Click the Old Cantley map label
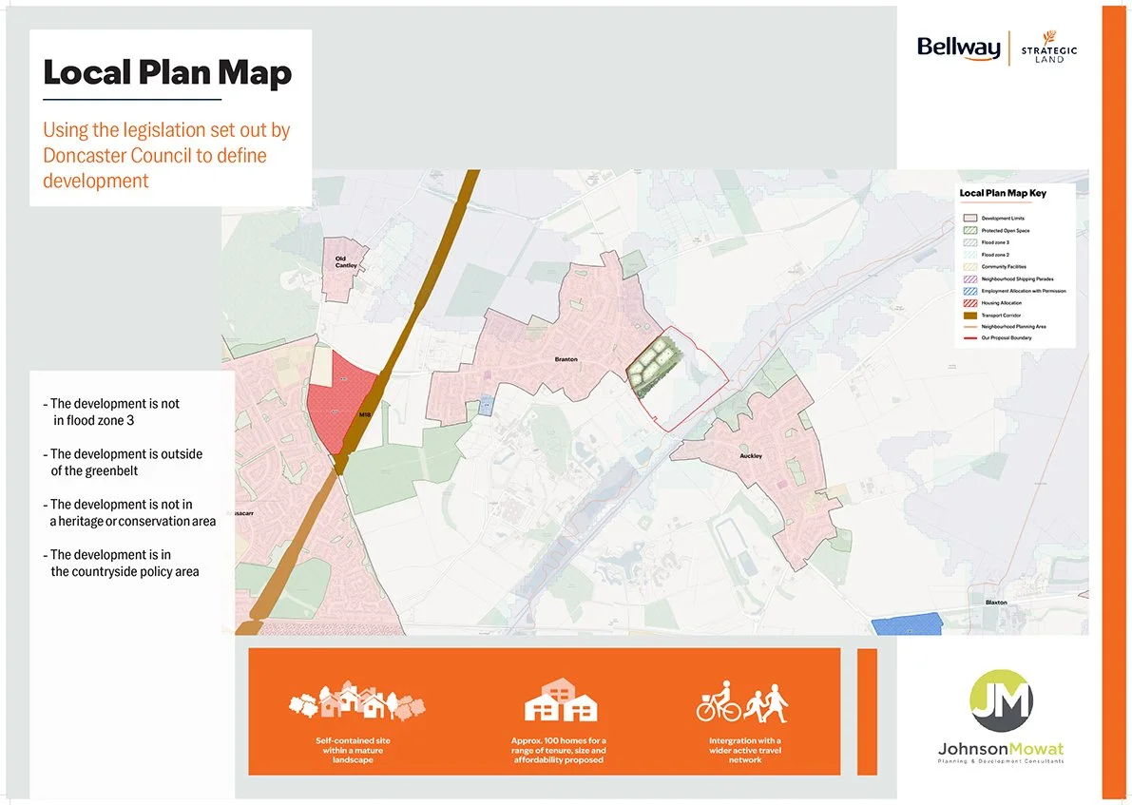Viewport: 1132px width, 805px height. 346,261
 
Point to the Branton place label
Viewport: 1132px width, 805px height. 566,360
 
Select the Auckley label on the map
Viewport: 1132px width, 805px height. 751,456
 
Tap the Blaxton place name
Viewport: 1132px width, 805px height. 996,602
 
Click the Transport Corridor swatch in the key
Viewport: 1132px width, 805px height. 969,315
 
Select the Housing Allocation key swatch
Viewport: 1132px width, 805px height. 969,302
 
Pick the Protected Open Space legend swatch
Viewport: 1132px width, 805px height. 969,231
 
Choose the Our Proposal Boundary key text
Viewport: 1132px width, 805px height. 1007,337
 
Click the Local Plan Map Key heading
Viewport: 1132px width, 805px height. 1002,193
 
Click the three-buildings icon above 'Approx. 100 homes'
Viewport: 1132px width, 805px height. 561,700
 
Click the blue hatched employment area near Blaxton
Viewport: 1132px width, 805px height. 907,623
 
